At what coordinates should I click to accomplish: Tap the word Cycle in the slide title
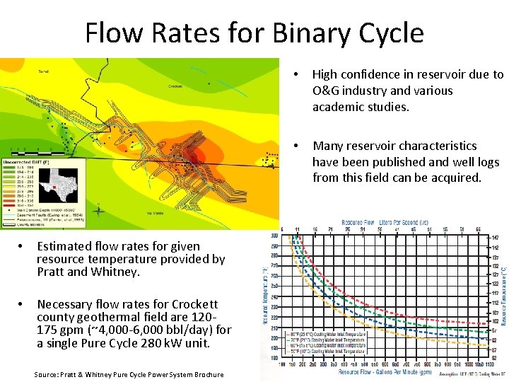pos(388,33)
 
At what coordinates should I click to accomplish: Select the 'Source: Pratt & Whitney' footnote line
pos(128,374)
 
